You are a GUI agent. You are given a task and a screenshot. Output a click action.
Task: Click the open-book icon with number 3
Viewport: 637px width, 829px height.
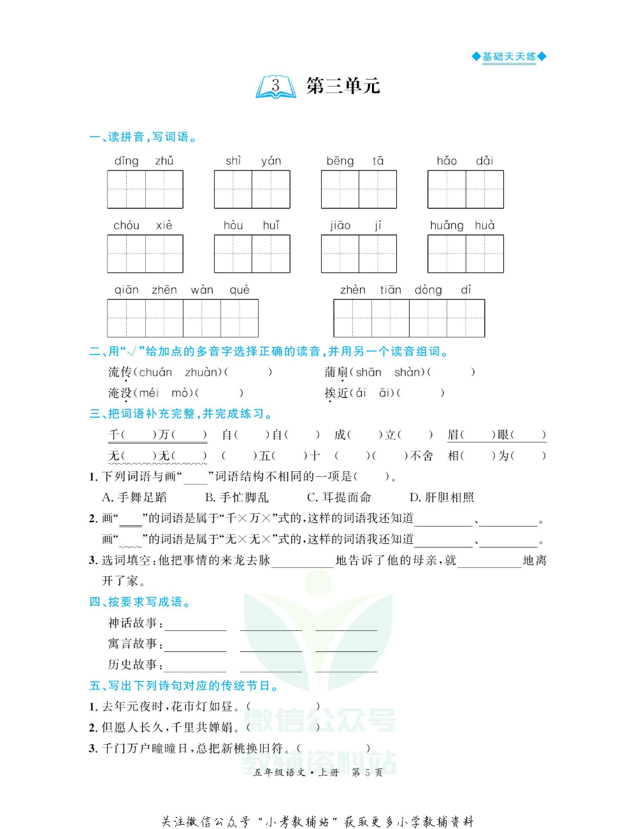coord(276,87)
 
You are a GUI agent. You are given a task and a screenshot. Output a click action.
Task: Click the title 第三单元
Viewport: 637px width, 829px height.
coord(343,86)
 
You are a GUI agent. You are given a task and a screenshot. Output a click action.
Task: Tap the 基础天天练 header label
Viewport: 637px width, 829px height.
coord(509,57)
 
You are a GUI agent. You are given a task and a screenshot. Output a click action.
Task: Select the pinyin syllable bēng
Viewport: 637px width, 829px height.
coord(340,161)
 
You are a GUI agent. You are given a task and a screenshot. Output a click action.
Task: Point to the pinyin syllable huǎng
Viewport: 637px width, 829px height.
coord(447,225)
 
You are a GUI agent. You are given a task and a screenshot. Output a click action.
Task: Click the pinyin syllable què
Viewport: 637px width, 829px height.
coord(240,290)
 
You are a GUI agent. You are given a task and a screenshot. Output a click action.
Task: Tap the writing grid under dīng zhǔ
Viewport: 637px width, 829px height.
coord(145,189)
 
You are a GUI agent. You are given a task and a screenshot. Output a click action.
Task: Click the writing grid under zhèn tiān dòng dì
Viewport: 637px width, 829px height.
coord(409,318)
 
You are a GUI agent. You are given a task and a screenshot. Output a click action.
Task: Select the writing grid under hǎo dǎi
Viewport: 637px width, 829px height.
coord(466,189)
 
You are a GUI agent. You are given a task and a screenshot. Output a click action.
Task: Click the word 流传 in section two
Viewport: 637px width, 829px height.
coord(120,372)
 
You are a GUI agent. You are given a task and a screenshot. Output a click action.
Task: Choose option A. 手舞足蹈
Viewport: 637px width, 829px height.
coord(134,497)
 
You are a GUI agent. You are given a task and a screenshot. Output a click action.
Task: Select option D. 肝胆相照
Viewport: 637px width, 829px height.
coord(442,497)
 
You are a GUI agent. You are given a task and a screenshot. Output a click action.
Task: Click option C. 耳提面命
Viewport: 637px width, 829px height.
coord(339,497)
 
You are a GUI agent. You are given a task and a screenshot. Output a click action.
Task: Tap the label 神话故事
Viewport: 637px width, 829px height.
coord(132,623)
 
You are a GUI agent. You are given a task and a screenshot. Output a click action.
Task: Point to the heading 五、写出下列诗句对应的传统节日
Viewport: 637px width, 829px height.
coord(183,686)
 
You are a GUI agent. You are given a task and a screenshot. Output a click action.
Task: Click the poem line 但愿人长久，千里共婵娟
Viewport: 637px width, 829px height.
coord(170,727)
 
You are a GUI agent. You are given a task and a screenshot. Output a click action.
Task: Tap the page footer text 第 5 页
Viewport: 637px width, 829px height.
coord(367,772)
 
